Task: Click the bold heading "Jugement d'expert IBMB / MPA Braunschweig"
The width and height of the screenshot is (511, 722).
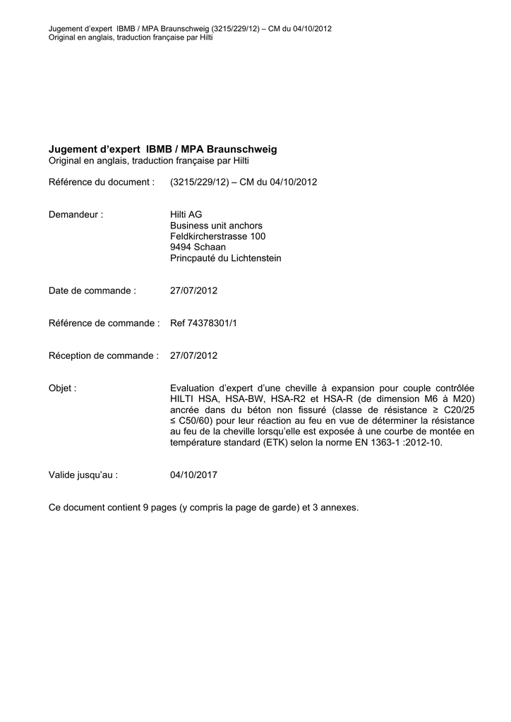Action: click(163, 149)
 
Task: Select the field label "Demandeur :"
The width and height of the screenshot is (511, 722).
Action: click(76, 214)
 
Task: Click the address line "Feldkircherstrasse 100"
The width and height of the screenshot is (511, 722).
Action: click(217, 236)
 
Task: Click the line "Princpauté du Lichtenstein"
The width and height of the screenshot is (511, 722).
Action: click(225, 258)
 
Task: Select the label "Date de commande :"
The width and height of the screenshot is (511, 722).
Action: click(92, 290)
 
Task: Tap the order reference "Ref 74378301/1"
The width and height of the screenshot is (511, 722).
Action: click(203, 323)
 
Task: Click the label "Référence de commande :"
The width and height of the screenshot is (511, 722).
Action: click(104, 323)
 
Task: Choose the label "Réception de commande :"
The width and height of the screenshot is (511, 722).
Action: click(103, 355)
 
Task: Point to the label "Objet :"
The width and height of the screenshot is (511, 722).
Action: click(63, 388)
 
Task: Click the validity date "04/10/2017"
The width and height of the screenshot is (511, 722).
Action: click(194, 475)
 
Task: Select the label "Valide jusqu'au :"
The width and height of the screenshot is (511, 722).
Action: click(83, 475)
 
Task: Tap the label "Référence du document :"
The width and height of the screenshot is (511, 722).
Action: click(101, 182)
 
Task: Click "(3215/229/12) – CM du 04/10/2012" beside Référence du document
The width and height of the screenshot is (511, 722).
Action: click(244, 182)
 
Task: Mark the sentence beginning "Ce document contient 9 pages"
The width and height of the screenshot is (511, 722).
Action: click(203, 507)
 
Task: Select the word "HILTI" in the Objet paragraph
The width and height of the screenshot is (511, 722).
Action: click(183, 399)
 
